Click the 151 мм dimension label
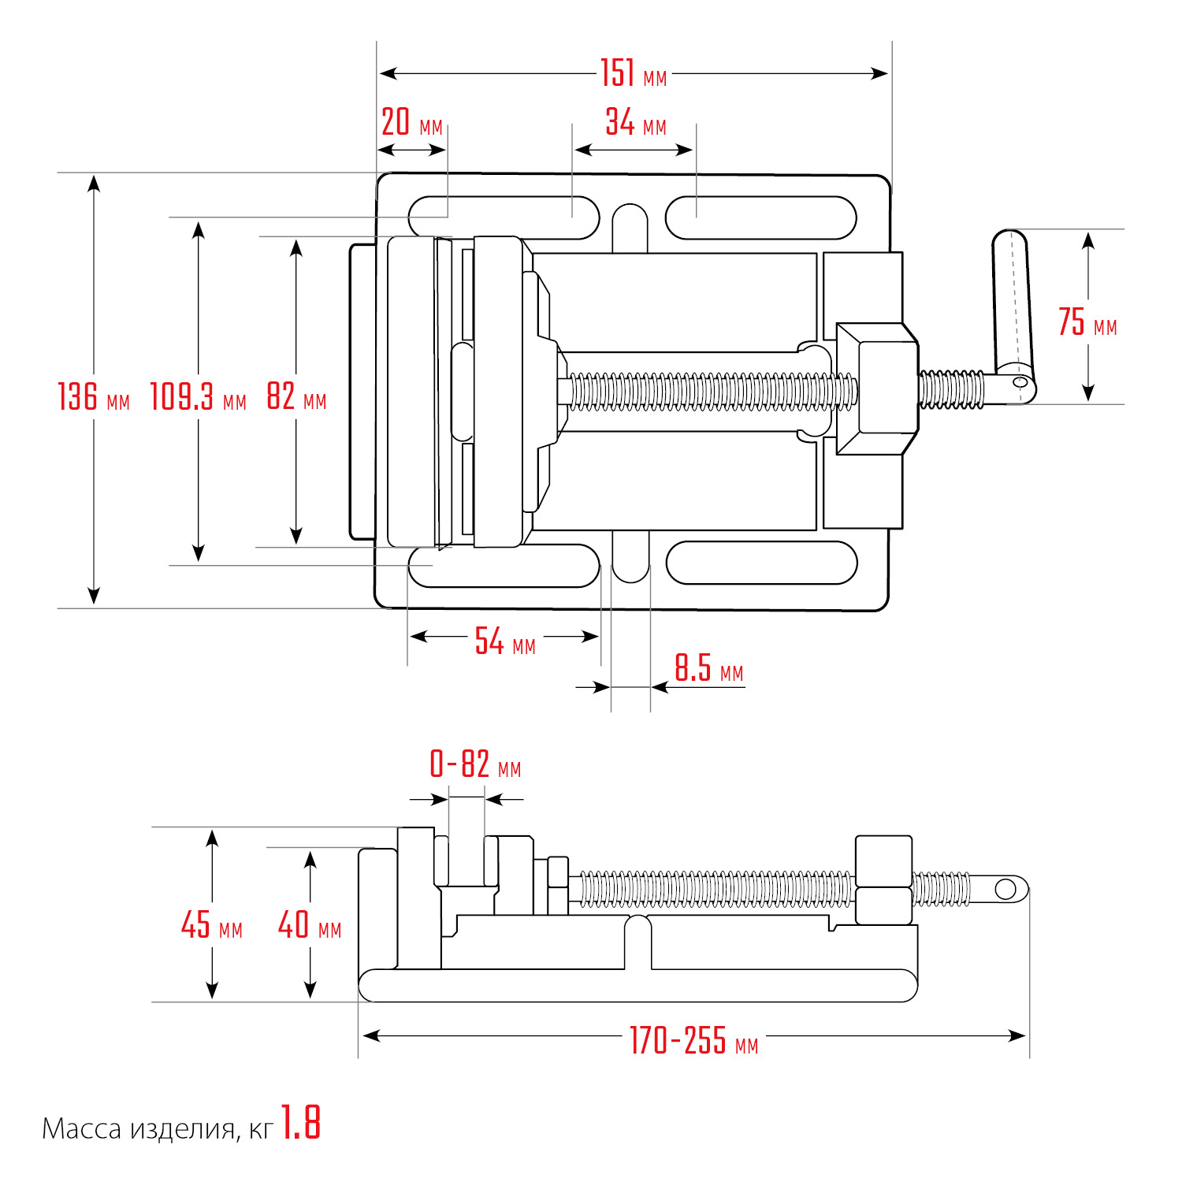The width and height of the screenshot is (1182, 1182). (633, 74)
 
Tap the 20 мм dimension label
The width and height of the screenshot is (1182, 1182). (411, 124)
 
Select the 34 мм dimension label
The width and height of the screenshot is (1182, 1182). (635, 124)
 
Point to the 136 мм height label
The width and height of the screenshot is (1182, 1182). (93, 396)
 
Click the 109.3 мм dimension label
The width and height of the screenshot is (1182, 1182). (198, 396)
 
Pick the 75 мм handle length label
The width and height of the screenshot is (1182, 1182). (1087, 322)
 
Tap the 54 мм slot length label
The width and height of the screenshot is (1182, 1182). (504, 642)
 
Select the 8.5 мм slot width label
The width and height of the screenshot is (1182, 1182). (708, 669)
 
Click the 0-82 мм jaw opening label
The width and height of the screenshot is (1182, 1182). (475, 765)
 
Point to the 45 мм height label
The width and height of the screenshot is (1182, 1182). (211, 925)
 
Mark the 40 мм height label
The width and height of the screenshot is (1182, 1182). (310, 925)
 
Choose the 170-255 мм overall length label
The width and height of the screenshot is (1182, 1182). (693, 1041)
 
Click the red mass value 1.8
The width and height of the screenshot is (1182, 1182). (301, 1123)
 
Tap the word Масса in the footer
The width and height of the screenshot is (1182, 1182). (82, 1129)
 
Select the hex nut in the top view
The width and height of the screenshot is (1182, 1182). (877, 388)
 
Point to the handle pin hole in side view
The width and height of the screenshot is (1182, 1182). (1005, 889)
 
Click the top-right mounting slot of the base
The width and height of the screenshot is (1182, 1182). (760, 217)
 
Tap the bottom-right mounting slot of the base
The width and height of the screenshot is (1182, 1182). (761, 563)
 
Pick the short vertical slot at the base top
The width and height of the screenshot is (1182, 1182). (630, 227)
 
